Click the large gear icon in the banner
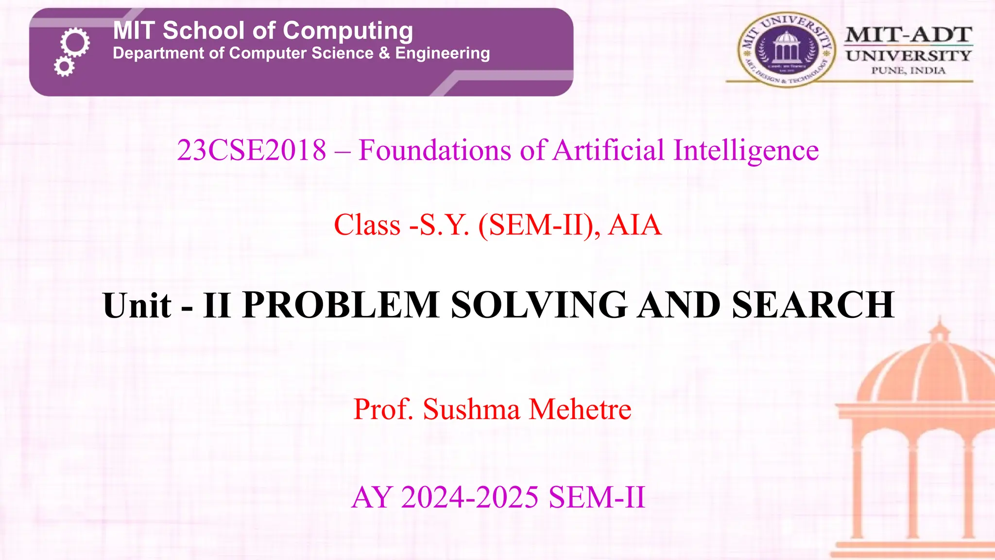coord(75,43)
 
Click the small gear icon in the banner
coord(64,66)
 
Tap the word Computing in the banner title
coord(348,31)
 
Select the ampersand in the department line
coord(384,53)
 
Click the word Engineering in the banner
coord(442,53)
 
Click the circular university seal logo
coord(786,50)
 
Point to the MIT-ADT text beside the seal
coord(908,35)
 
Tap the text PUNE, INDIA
coord(908,71)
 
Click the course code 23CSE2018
coord(252,150)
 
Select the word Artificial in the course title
coord(608,150)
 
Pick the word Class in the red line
coord(367,225)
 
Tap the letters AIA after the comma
coord(635,225)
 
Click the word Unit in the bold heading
coord(137,305)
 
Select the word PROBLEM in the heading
coord(341,305)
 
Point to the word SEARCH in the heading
coord(813,305)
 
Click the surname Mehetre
coord(580,409)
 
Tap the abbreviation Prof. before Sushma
coord(383,409)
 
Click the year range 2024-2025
coord(470,497)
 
